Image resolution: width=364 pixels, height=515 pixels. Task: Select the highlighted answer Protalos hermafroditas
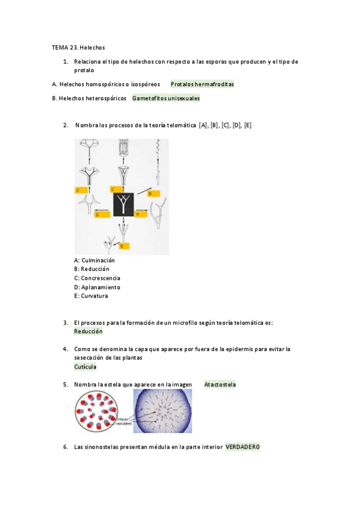(x=202, y=84)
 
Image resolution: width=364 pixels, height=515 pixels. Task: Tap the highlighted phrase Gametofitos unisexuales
(x=166, y=98)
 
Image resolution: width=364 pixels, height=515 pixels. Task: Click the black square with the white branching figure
(x=123, y=204)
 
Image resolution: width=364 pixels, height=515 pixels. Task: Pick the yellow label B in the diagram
(x=153, y=194)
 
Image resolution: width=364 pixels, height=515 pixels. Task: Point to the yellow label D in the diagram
(x=102, y=214)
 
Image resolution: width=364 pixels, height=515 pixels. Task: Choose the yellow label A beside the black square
(x=141, y=214)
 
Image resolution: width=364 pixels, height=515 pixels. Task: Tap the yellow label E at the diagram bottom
(x=124, y=246)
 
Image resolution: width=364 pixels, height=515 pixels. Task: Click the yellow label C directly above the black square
(x=116, y=189)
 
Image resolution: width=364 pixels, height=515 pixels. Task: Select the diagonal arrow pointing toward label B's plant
(x=143, y=191)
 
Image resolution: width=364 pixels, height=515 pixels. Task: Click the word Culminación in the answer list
(x=98, y=261)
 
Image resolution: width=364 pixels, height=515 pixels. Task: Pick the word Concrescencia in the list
(x=100, y=278)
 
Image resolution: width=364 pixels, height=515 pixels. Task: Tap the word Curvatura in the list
(x=94, y=296)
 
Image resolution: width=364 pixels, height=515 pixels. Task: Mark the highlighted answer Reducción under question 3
(x=88, y=332)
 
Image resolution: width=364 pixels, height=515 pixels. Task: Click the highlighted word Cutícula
(x=85, y=367)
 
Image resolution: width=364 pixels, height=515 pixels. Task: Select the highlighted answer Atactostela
(x=220, y=384)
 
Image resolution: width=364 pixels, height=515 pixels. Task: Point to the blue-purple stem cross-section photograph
(x=163, y=411)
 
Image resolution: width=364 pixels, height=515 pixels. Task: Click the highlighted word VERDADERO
(x=242, y=447)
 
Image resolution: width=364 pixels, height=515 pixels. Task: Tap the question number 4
(x=66, y=349)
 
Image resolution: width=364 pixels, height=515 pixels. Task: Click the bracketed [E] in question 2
(x=248, y=125)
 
